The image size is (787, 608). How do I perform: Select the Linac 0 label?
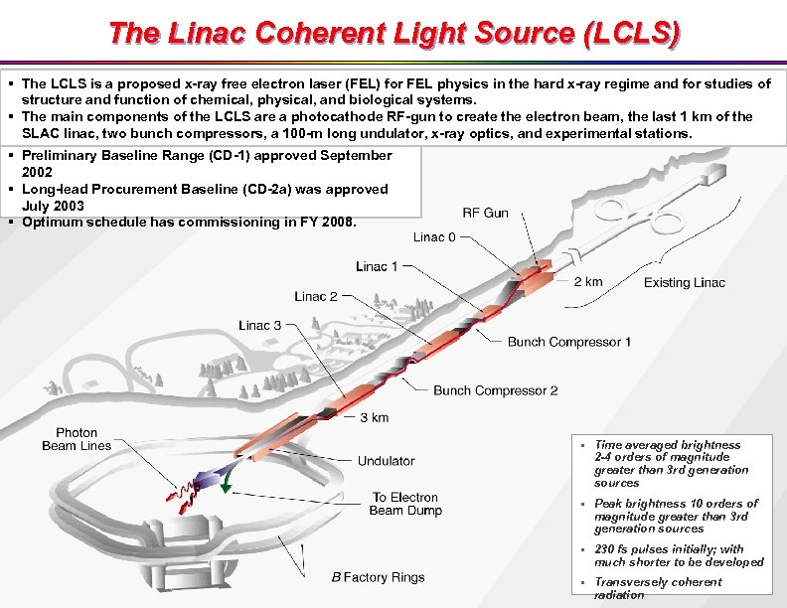[435, 236]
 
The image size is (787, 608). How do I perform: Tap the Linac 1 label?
[378, 266]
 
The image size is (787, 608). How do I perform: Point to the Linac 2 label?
[316, 296]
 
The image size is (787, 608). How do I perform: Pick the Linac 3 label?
[260, 325]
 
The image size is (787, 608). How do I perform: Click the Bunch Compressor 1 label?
[569, 342]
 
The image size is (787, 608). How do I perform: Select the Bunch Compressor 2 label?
[495, 390]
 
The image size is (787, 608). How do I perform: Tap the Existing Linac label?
[684, 282]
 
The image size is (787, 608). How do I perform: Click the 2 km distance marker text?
[588, 281]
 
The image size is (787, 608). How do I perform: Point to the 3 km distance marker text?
[374, 417]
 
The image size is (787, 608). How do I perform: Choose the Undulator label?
[386, 461]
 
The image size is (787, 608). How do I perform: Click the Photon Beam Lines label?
[77, 439]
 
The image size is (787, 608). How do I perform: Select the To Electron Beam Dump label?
[405, 504]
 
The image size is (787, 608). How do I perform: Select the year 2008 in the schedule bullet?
[337, 222]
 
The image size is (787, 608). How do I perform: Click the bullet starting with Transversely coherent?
[657, 588]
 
